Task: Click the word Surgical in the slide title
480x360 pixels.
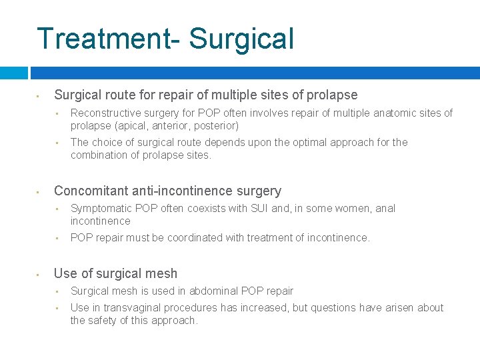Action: click(241, 39)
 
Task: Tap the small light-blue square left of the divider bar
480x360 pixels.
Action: click(13, 73)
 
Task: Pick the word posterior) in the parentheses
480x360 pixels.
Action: click(217, 125)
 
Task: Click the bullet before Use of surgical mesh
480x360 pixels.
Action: click(39, 274)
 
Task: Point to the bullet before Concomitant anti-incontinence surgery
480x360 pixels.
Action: click(39, 192)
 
